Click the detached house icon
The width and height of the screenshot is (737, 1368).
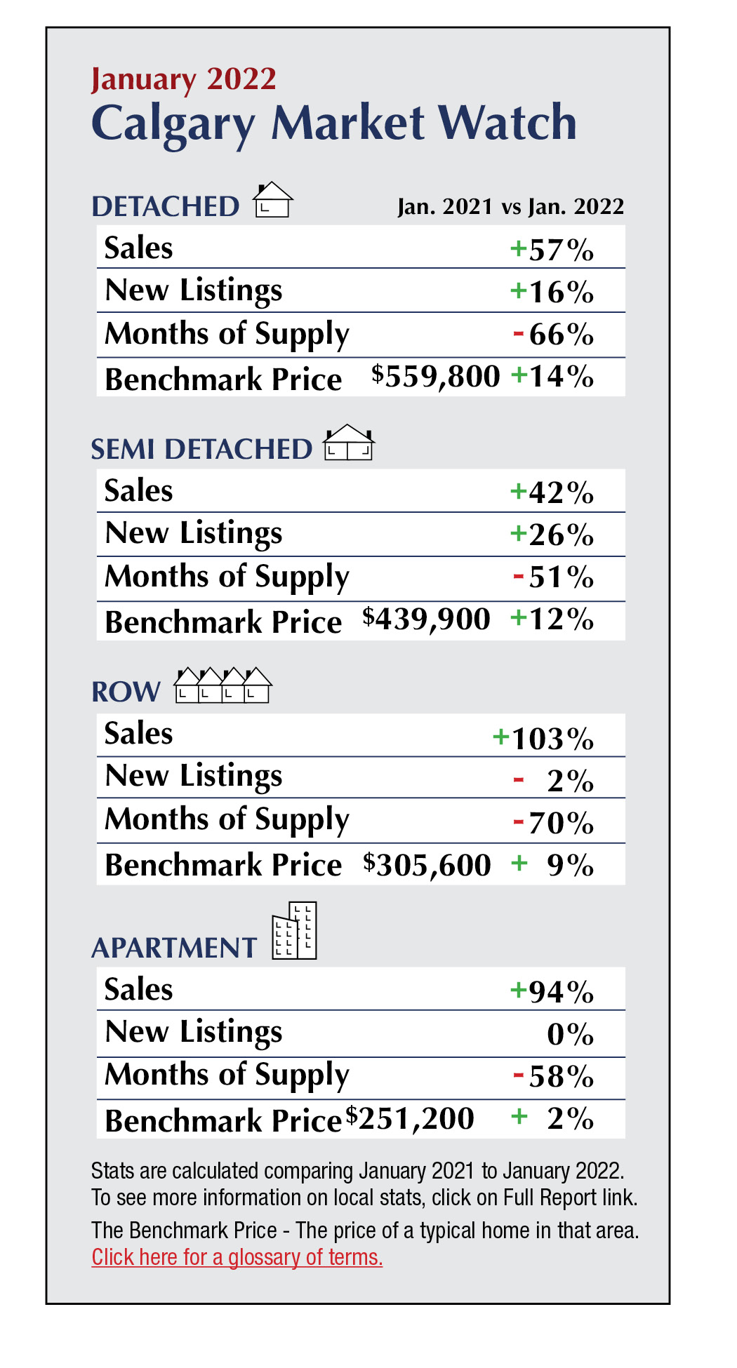[x=273, y=201]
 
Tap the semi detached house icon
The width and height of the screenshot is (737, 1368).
[x=349, y=443]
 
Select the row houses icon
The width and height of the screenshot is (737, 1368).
[x=223, y=685]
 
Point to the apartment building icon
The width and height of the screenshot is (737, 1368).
[x=296, y=931]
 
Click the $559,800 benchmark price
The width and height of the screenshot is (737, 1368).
[x=436, y=376]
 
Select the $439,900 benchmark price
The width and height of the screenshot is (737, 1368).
[x=427, y=619]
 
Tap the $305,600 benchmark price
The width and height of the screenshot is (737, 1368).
[x=427, y=864]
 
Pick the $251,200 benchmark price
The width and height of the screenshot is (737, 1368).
[x=410, y=1118]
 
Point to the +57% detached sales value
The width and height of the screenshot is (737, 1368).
[x=552, y=250]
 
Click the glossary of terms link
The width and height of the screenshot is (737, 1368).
[x=237, y=1257]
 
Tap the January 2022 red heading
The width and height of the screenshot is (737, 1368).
[x=184, y=79]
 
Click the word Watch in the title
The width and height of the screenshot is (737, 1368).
[x=507, y=123]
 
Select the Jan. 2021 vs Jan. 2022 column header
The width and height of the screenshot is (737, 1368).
[x=510, y=207]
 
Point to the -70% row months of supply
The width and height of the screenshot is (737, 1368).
[x=554, y=822]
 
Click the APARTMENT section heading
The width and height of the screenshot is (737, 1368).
[x=174, y=948]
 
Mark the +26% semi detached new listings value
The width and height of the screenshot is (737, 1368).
[x=552, y=535]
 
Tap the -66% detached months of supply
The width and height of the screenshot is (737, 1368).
[x=554, y=335]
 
